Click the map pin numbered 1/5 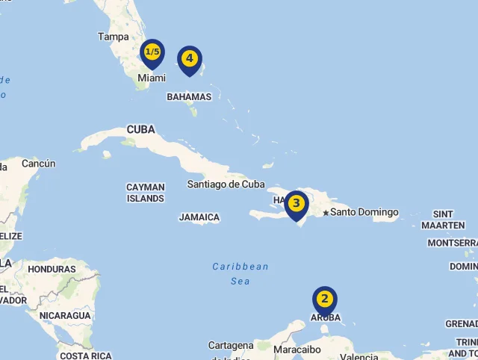pos(152,52)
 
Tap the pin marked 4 pos(190,59)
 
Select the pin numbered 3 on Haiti pos(297,203)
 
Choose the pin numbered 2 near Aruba pos(324,300)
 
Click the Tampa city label pos(114,37)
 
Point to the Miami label pos(151,78)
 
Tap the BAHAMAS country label pos(189,97)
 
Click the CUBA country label pos(140,129)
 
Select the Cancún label pos(39,164)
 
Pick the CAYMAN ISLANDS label pos(146,193)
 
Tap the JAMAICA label pos(199,217)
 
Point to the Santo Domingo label pos(364,212)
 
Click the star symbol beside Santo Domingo pos(326,213)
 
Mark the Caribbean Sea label pos(240,273)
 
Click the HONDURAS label pos(52,269)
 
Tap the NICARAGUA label pos(65,316)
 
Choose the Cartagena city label pos(231,346)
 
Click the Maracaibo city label pos(297,349)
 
